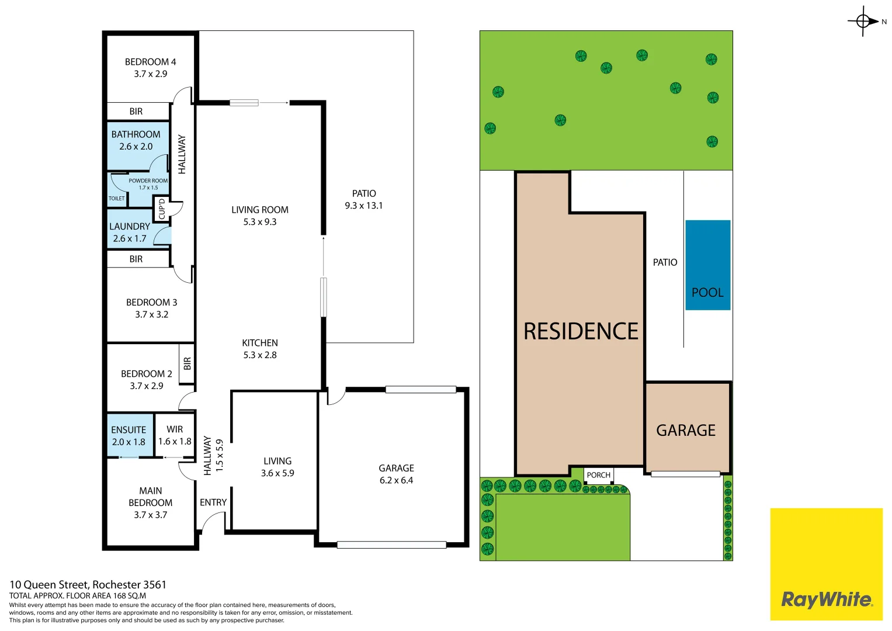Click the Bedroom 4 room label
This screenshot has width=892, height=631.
coord(150,68)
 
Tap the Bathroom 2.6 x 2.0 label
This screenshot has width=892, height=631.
coord(136,140)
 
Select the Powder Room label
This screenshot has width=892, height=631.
coord(148,183)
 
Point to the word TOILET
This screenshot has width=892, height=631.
coord(117,199)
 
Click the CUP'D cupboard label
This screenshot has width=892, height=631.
coord(162,209)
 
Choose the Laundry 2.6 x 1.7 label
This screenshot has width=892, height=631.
coord(130,233)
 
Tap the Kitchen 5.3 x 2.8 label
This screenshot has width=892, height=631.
coord(260,349)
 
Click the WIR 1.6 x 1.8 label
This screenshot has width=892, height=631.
coord(175,435)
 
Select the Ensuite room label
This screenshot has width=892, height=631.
coord(129,436)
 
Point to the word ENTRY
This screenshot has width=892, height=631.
coord(213,502)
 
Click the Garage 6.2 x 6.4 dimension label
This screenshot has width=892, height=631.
coord(396,474)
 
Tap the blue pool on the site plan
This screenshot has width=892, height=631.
coord(707,265)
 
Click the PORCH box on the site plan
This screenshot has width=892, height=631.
coord(599,475)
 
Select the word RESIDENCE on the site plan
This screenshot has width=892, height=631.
coord(581,331)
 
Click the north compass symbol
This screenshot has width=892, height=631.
coord(863,21)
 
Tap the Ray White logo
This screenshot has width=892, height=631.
coord(827,564)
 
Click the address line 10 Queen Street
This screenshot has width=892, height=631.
coord(88,585)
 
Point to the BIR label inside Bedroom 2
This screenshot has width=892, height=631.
coord(187,363)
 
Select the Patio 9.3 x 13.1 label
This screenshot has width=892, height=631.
coord(363,200)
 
